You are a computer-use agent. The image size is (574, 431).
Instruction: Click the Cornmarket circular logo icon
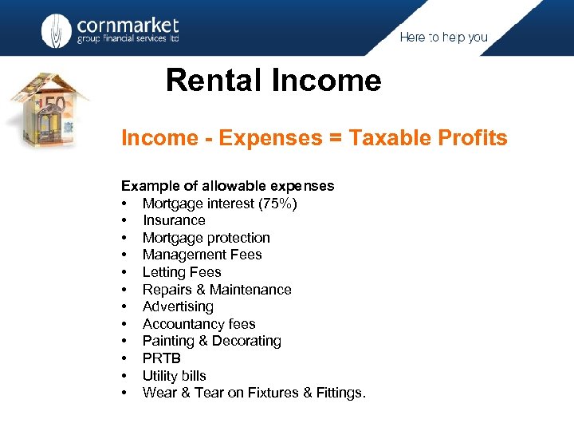[56, 30]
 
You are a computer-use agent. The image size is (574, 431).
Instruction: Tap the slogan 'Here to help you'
[443, 38]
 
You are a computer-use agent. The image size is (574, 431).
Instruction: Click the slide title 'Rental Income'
[273, 81]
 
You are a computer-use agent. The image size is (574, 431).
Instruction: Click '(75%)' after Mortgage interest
[277, 204]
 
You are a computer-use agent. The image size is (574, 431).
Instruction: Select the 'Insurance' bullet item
[174, 220]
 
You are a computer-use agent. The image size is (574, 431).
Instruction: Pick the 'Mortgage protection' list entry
[206, 238]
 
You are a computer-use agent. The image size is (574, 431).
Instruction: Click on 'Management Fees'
[202, 255]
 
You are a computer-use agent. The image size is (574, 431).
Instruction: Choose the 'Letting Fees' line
[182, 272]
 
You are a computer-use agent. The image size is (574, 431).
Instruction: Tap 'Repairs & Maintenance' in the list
[217, 290]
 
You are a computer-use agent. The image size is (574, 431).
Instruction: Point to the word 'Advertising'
[178, 306]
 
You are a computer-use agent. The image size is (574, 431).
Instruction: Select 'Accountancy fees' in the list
[199, 324]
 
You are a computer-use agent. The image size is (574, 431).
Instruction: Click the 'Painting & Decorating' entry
[211, 341]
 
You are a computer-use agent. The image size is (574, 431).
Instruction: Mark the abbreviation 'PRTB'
[162, 358]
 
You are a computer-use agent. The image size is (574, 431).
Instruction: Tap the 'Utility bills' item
[174, 376]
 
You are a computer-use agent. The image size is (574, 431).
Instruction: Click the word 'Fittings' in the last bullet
[338, 393]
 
